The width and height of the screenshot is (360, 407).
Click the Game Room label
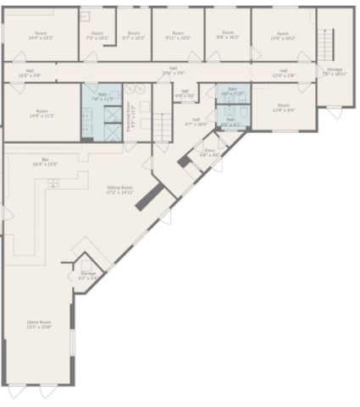point(39,325)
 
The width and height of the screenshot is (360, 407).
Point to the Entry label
point(209,153)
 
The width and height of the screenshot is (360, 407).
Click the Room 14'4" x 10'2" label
point(40,35)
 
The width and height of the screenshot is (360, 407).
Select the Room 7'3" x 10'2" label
point(97,36)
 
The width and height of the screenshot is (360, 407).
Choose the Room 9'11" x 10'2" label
point(177,36)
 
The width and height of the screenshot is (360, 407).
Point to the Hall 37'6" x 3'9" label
point(173,70)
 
